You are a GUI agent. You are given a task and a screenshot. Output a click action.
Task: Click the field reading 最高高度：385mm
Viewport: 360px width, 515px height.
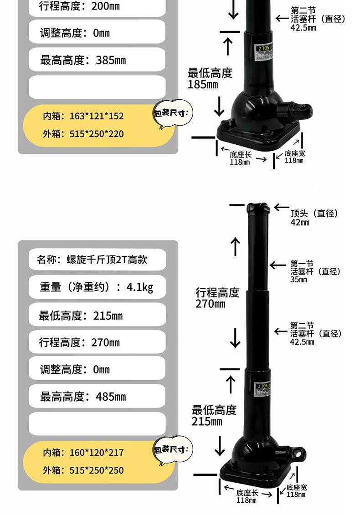click(97, 60)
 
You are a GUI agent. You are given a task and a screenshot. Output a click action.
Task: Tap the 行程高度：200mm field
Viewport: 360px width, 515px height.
click(97, 7)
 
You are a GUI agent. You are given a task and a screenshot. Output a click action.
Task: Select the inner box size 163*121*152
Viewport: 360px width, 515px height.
click(83, 116)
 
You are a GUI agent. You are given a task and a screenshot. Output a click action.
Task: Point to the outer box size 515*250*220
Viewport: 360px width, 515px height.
click(83, 134)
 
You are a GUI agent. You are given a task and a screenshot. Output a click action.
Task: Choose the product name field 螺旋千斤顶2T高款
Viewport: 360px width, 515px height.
click(97, 260)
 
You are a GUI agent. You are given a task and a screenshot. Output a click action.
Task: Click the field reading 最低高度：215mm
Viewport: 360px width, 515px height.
click(97, 316)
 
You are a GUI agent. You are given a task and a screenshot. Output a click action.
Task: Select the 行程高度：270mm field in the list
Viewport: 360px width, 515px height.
click(97, 342)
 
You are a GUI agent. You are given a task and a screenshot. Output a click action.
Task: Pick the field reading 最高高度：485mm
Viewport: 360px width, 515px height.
click(97, 397)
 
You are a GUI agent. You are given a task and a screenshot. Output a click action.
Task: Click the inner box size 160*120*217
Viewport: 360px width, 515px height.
click(83, 453)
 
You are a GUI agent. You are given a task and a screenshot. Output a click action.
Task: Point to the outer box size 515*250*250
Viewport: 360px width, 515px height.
click(83, 470)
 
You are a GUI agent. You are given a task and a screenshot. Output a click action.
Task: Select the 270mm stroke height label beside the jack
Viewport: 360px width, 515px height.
click(217, 298)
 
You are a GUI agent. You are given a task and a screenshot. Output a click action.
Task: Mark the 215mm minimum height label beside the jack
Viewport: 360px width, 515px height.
click(214, 415)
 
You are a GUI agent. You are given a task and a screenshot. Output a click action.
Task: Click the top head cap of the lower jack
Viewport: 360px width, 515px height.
click(258, 209)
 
